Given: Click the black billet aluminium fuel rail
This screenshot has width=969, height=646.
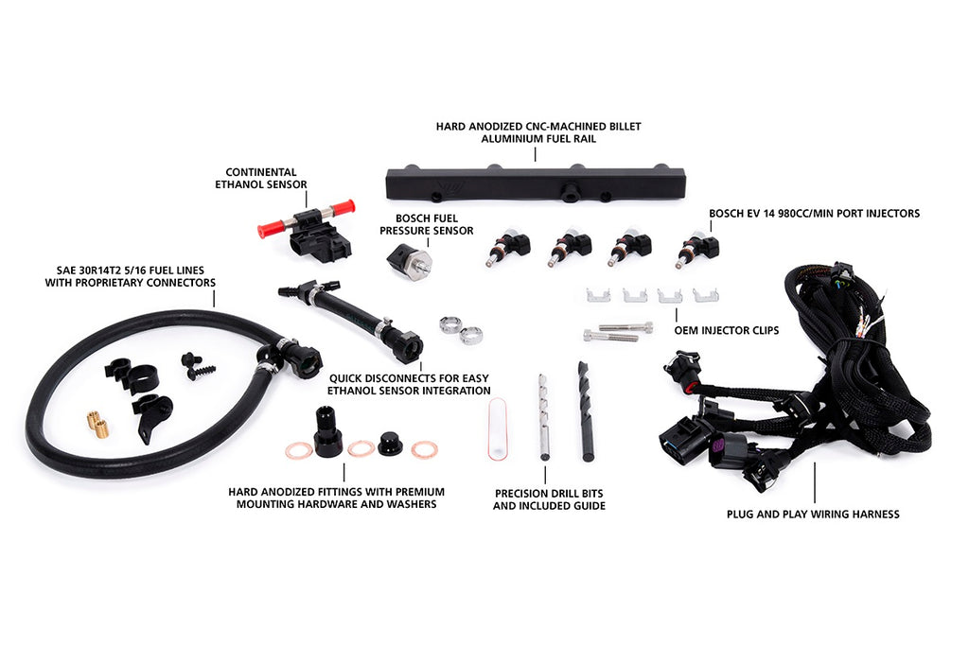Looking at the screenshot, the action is [536, 183].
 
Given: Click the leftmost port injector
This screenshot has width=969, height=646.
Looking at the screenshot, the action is [507, 247].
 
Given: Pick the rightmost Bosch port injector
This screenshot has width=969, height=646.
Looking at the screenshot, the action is [697, 248].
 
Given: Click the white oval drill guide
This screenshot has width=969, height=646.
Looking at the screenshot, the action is [498, 429].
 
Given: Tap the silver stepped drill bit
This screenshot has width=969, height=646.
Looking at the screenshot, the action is [543, 417].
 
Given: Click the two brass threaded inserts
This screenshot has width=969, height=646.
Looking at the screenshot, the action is [97, 424].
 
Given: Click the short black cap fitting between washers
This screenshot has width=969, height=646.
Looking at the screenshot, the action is [390, 444].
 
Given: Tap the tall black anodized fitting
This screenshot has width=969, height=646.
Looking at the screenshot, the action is [327, 431].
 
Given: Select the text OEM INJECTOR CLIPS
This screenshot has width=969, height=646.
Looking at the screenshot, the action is [727, 330].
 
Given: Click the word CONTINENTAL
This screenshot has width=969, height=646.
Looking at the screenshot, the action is [261, 172].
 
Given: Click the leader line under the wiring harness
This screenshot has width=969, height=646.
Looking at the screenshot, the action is [814, 482].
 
